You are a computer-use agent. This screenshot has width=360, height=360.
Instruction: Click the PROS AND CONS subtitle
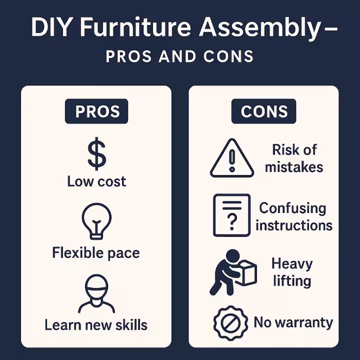[x=179, y=56]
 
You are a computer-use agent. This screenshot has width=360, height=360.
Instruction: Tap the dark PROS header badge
[x=96, y=111]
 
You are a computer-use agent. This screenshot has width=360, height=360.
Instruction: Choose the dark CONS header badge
[x=263, y=111]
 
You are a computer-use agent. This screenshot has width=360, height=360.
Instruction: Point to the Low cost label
[x=96, y=181]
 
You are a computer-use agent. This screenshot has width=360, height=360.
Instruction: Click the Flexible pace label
[x=96, y=252]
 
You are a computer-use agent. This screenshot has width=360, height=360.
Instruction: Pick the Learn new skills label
[x=96, y=325]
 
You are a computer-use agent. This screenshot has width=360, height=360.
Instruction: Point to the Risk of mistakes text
[x=294, y=158]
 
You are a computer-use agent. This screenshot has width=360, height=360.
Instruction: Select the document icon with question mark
[x=231, y=215]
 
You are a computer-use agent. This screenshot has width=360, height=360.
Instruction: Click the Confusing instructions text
[x=293, y=216]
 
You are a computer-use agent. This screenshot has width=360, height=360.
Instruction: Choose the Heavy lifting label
[x=292, y=271]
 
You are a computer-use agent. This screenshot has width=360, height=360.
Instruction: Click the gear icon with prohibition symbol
[x=230, y=323]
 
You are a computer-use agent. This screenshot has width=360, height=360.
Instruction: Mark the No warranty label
[x=293, y=322]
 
